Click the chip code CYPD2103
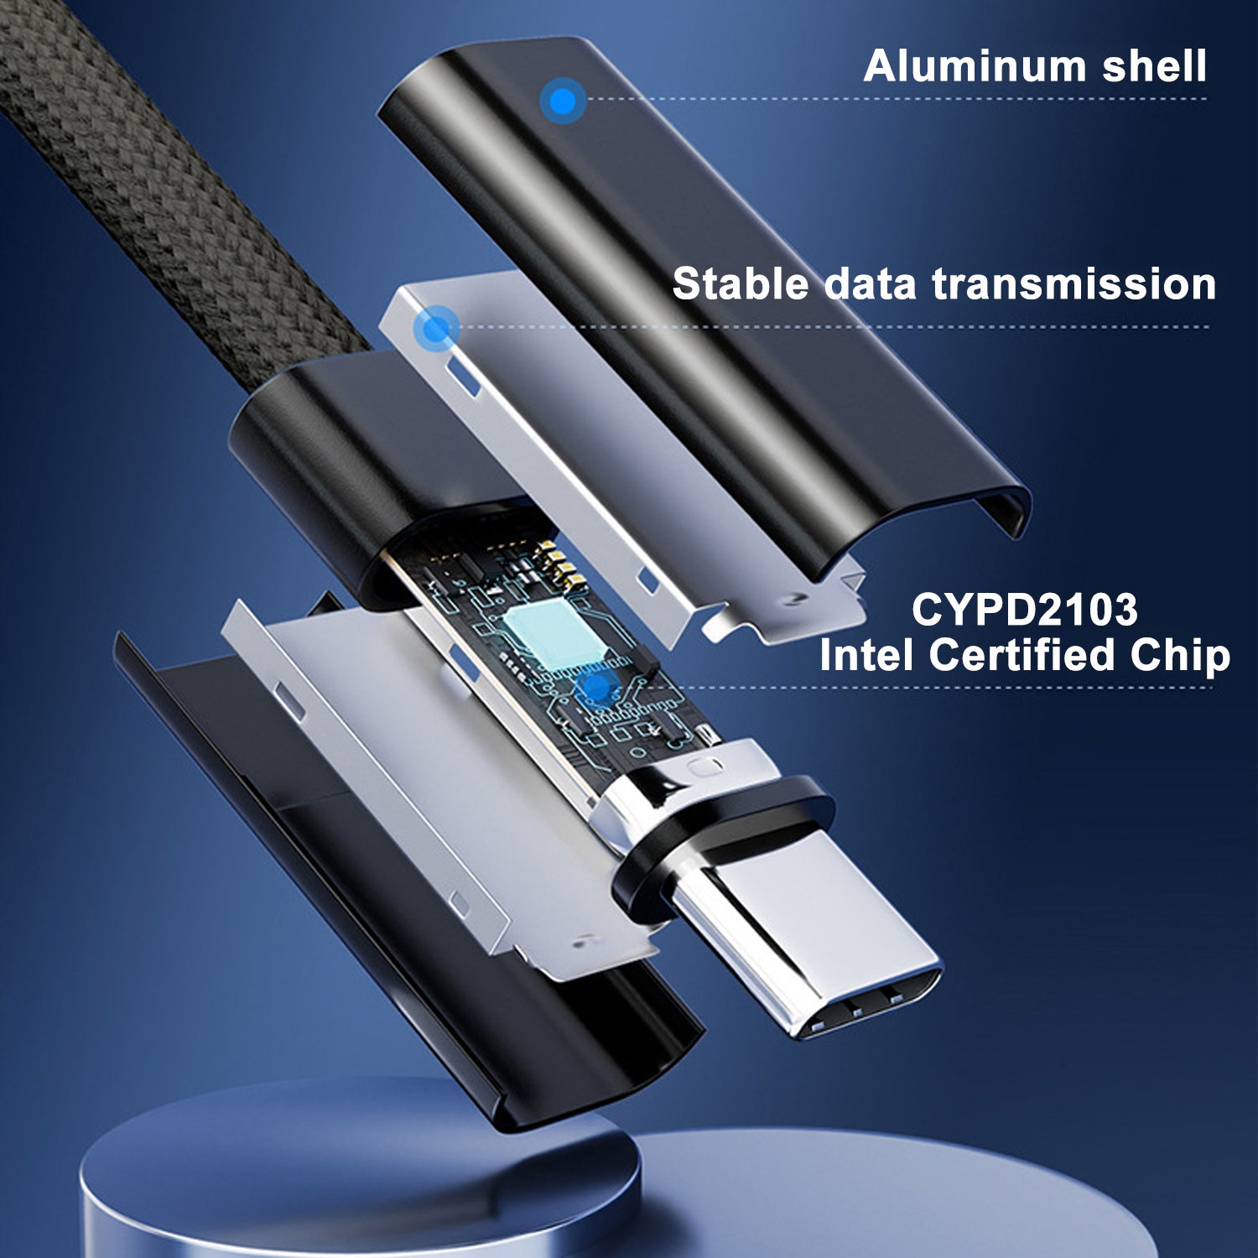[1025, 610]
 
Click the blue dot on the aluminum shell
[563, 101]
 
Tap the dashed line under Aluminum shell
[897, 99]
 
